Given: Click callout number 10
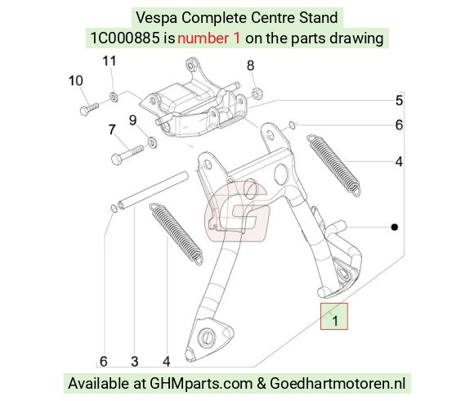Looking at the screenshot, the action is [x=75, y=81].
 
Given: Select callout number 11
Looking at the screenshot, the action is [x=110, y=61].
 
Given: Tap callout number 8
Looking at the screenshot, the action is [x=251, y=65].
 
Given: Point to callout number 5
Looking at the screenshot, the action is [x=399, y=101].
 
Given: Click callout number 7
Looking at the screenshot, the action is [x=112, y=129].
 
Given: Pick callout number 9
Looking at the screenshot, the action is [x=132, y=120].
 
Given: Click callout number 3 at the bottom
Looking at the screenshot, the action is [x=135, y=362].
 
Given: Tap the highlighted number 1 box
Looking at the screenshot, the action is [x=334, y=316].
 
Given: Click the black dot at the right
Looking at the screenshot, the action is [x=395, y=227].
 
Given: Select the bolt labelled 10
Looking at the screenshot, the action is [x=89, y=109].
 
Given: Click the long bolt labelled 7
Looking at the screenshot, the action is [x=127, y=154].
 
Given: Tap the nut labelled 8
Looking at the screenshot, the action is [x=257, y=92].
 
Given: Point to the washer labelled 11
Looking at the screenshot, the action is [x=114, y=97].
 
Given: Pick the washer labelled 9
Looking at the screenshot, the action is [x=152, y=142].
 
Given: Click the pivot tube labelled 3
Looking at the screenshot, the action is [x=153, y=190].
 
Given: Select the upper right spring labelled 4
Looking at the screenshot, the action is [x=333, y=165].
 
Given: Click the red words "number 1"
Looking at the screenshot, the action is [x=209, y=38].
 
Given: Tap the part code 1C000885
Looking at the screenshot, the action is [x=125, y=38].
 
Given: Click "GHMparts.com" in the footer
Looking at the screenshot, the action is [x=201, y=384].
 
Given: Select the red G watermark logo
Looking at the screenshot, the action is [x=237, y=211].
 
